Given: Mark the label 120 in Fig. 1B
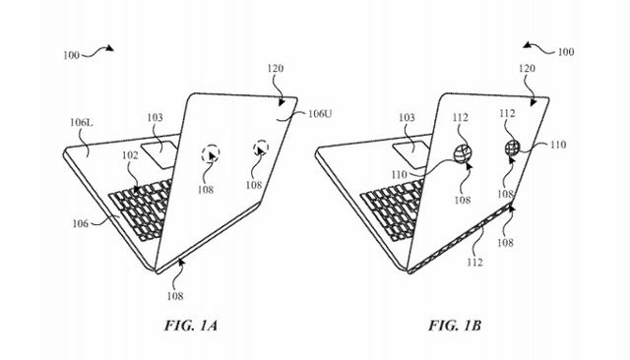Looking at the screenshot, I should coord(527,72).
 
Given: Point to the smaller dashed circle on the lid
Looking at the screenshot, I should coord(261,149).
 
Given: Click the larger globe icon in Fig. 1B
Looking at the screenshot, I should coord(464,153).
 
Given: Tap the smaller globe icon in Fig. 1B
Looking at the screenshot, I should coord(513,149).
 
